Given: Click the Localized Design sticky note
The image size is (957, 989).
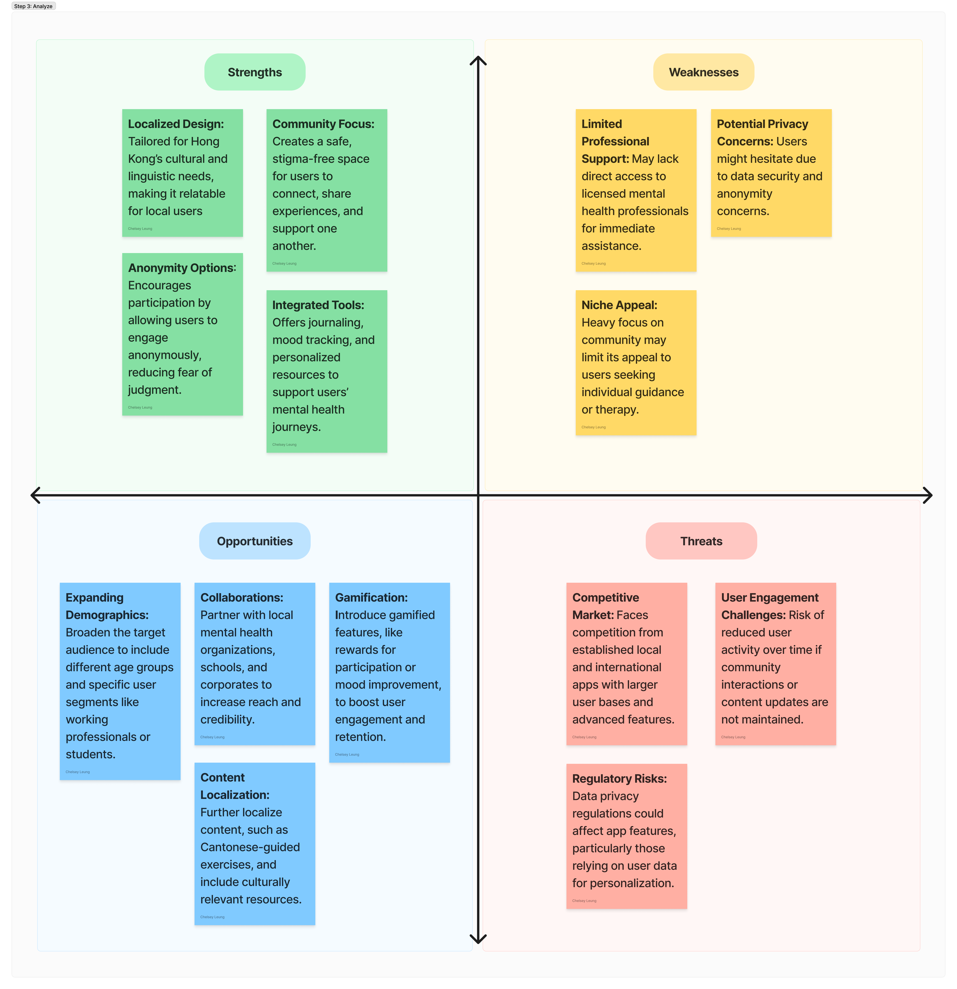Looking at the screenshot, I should pos(182,173).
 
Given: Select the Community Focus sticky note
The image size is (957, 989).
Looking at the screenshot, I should pos(327,190).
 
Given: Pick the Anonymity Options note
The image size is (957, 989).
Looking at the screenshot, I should pos(182,334).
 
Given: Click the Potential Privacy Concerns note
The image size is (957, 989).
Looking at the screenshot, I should pos(771,173).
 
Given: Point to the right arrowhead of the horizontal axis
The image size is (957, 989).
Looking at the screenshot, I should pos(928,495).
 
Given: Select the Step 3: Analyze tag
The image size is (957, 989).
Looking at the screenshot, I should pos(33,6).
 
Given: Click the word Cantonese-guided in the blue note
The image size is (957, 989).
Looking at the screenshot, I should pos(250,847).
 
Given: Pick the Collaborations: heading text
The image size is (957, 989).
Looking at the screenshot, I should pos(242,597).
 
